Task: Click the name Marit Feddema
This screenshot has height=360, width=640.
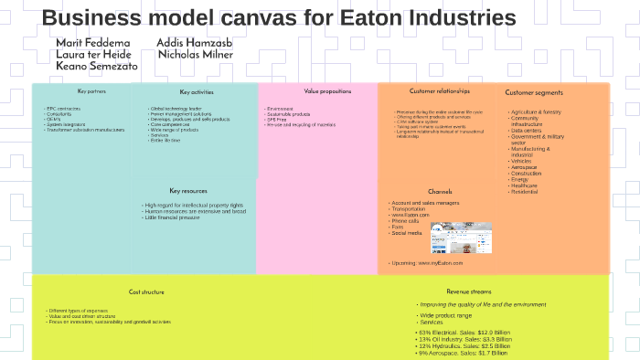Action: click(x=92, y=43)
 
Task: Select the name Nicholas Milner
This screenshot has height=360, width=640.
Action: click(x=195, y=55)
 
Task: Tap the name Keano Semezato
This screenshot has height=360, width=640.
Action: click(x=98, y=67)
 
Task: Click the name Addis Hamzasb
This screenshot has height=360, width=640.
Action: click(x=193, y=43)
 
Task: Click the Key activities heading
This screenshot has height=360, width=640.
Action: click(x=197, y=92)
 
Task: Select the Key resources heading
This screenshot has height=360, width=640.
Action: click(x=188, y=191)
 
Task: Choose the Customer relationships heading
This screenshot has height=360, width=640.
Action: click(x=440, y=91)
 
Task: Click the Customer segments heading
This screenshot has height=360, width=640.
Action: click(x=534, y=92)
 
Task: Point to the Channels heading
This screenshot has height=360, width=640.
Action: click(x=440, y=191)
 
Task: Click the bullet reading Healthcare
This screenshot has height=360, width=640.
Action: click(x=524, y=185)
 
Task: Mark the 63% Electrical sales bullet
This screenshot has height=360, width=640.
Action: click(x=464, y=332)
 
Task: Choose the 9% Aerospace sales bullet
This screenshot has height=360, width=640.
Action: click(x=465, y=353)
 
